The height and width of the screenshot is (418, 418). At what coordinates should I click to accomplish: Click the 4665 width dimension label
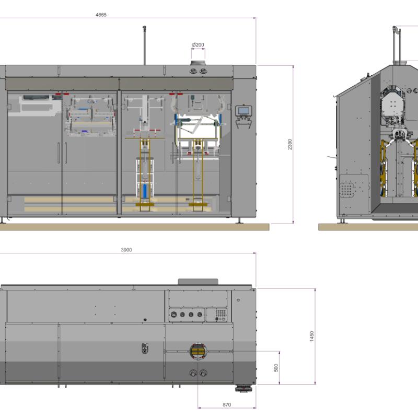point(101,15)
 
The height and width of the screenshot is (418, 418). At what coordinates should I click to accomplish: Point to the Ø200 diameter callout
point(198,45)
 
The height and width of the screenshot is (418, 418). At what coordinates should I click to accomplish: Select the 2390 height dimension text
point(290,144)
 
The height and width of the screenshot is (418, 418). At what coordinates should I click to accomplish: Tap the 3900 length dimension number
point(126,250)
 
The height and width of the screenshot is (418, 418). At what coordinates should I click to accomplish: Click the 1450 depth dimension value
point(311,336)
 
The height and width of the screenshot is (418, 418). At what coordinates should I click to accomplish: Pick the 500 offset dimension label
point(276,368)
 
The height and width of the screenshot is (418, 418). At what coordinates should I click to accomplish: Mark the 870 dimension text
point(227,404)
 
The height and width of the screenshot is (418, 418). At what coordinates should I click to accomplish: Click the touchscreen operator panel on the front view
point(243,111)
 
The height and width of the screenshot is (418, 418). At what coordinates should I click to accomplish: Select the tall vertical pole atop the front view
point(145,45)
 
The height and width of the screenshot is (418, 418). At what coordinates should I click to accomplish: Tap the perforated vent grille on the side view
point(347,189)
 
